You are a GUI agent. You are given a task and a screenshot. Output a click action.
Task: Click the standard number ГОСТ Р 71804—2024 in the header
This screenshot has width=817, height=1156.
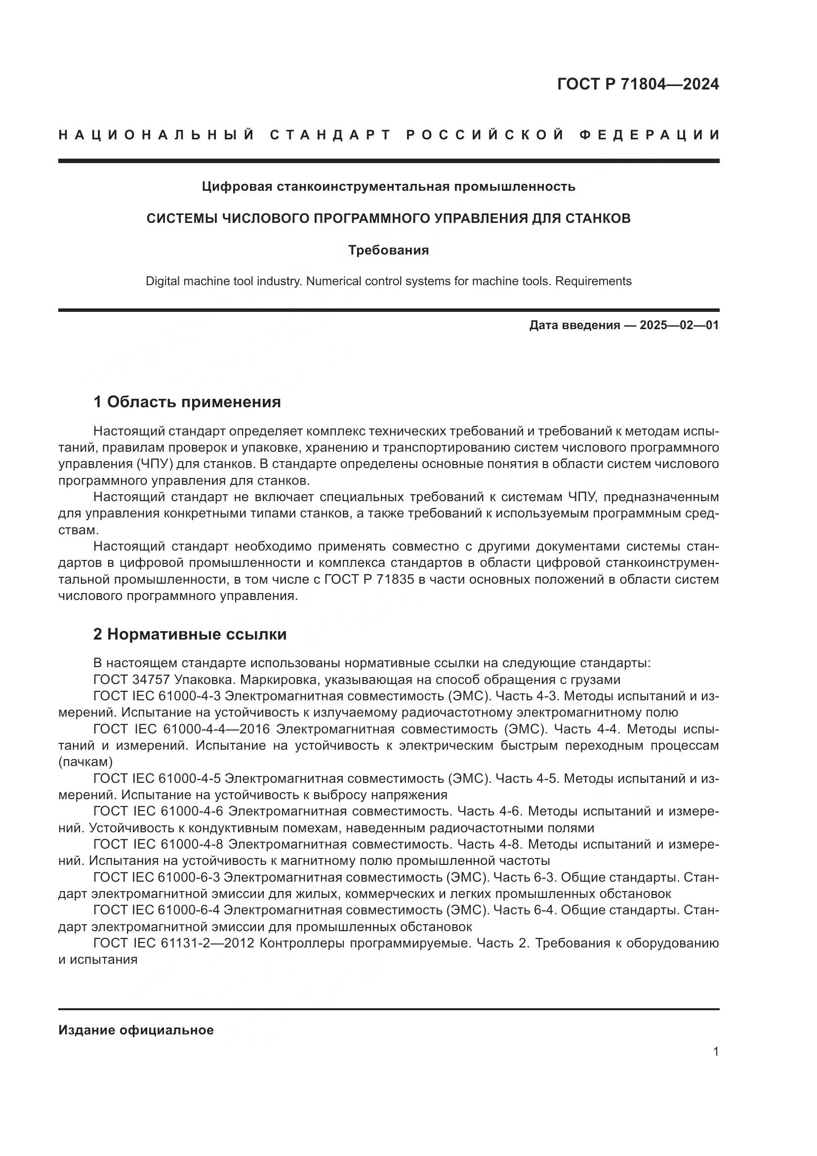click(638, 84)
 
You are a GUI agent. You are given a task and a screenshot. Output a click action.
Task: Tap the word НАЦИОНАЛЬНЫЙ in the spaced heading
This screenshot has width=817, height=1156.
click(157, 135)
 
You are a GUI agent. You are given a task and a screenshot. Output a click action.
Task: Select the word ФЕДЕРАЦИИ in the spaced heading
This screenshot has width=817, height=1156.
click(650, 135)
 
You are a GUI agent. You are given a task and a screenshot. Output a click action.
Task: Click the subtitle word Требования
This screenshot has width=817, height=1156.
click(388, 250)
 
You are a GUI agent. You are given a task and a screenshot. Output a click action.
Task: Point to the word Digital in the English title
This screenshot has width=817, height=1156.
click(163, 281)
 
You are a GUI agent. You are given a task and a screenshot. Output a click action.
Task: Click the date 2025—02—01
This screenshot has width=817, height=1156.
click(679, 325)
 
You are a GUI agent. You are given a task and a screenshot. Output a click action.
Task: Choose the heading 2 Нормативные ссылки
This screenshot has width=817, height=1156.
click(190, 634)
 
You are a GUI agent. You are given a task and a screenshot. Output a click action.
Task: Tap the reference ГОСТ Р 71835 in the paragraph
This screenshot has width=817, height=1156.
click(369, 580)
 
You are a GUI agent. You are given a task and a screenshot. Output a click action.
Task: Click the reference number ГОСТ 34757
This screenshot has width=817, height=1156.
click(132, 680)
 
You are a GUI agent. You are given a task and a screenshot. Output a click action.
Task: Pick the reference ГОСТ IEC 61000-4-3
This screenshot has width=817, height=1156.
click(157, 696)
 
